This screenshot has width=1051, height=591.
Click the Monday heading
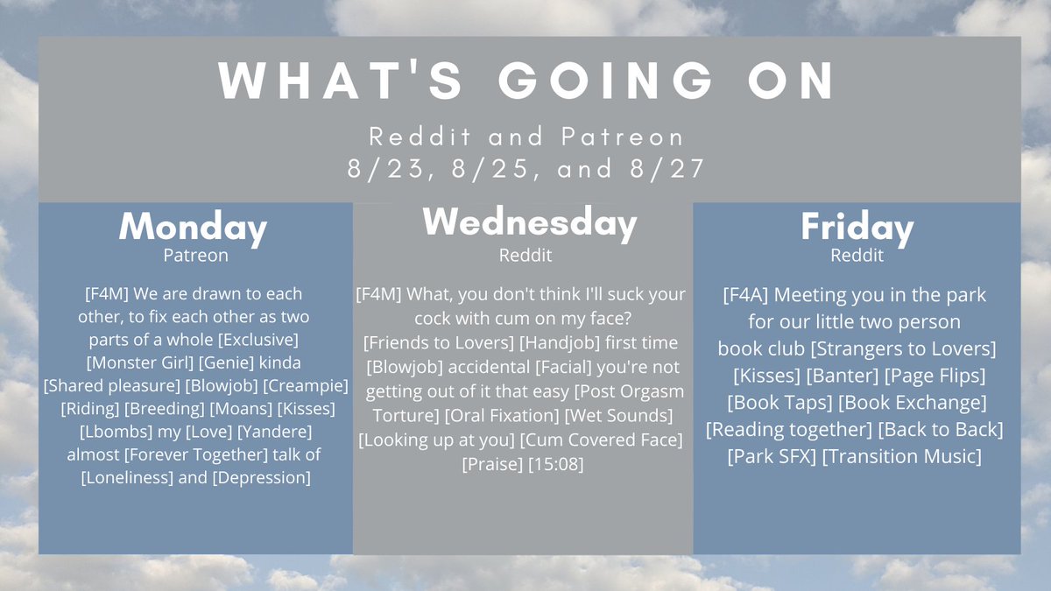tap(193, 228)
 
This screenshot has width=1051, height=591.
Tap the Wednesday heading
tap(530, 223)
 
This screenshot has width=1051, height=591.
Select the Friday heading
tap(857, 228)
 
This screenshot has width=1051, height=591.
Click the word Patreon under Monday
tap(195, 256)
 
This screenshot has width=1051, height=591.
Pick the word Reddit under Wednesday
tap(525, 256)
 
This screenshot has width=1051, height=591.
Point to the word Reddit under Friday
tap(857, 256)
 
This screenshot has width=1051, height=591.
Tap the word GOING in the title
tap(606, 81)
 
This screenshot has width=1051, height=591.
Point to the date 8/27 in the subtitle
tap(667, 169)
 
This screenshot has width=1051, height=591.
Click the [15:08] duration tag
tap(556, 464)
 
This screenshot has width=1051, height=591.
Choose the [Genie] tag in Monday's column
tap(226, 363)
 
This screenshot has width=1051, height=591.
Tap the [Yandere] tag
tap(274, 432)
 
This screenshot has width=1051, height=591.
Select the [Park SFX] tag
tap(772, 456)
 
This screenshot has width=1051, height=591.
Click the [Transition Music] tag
tap(902, 456)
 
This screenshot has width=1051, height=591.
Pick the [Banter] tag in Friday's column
tap(843, 376)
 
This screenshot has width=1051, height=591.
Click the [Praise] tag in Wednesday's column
tap(492, 464)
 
